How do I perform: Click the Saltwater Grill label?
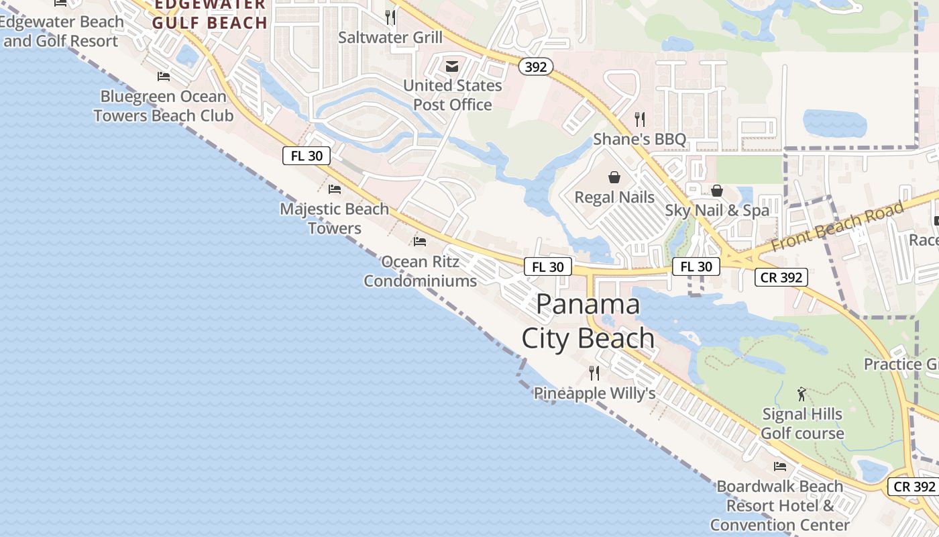(x=390, y=38)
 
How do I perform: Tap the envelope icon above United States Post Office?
(x=452, y=66)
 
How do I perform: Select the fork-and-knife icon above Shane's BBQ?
(x=640, y=119)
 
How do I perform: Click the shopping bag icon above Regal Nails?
(x=614, y=177)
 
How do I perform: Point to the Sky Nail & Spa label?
(x=717, y=211)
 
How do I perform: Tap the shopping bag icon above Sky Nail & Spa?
(x=717, y=191)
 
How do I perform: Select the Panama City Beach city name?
(x=588, y=321)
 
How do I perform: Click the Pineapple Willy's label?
(x=594, y=393)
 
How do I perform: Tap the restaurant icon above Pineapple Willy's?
(x=594, y=373)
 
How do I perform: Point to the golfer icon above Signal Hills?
(x=802, y=394)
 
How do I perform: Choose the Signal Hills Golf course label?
(x=802, y=424)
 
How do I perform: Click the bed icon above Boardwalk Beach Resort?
(x=779, y=466)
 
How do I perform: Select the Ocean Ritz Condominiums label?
(x=420, y=271)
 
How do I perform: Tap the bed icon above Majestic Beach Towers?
(x=335, y=189)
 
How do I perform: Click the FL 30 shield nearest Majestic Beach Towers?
(x=307, y=156)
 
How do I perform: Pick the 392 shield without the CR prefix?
(x=536, y=66)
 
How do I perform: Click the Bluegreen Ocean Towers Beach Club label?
(x=164, y=106)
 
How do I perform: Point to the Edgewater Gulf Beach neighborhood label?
(x=209, y=15)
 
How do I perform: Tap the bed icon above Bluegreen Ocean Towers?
(x=164, y=77)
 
